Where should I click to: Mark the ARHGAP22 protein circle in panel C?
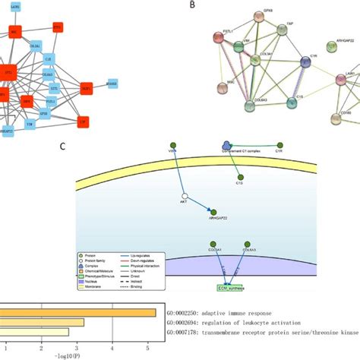pos(215,213)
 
